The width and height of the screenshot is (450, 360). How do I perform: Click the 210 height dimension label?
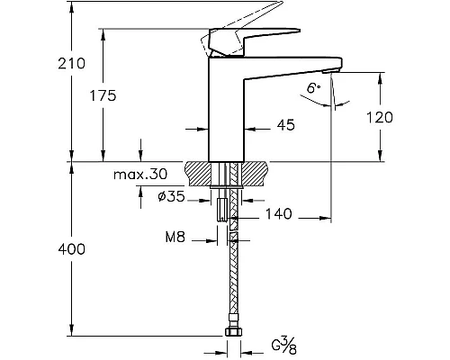[72, 64]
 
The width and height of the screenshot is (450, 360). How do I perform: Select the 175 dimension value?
[103, 95]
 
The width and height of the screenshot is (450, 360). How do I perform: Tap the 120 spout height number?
[380, 117]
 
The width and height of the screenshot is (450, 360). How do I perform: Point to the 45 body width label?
[285, 125]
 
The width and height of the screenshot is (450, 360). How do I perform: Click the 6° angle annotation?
[313, 88]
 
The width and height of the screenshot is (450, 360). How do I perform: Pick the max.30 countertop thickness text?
[140, 174]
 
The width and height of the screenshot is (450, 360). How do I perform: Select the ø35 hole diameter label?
[171, 196]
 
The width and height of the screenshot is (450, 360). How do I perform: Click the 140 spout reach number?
[279, 214]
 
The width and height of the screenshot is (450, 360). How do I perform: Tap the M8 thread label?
[175, 238]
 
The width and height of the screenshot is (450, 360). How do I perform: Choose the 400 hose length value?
[72, 249]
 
